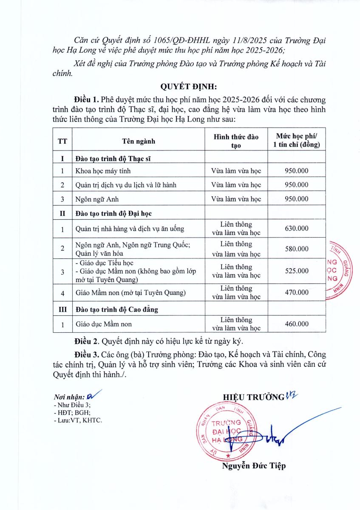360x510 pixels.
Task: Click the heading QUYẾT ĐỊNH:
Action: point(188,87)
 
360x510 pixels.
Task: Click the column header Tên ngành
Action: point(139,140)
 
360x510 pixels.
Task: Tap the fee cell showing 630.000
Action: point(297,229)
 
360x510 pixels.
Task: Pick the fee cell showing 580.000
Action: point(297,249)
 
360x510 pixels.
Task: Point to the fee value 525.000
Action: point(297,271)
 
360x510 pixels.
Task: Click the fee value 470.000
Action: point(297,292)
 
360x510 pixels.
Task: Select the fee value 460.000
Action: point(297,324)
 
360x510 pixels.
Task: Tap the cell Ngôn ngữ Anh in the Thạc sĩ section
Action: point(95,198)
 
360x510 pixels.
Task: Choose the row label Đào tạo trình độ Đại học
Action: point(113,212)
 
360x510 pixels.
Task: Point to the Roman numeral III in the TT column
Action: point(62,309)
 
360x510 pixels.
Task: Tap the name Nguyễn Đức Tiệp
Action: point(254,466)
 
